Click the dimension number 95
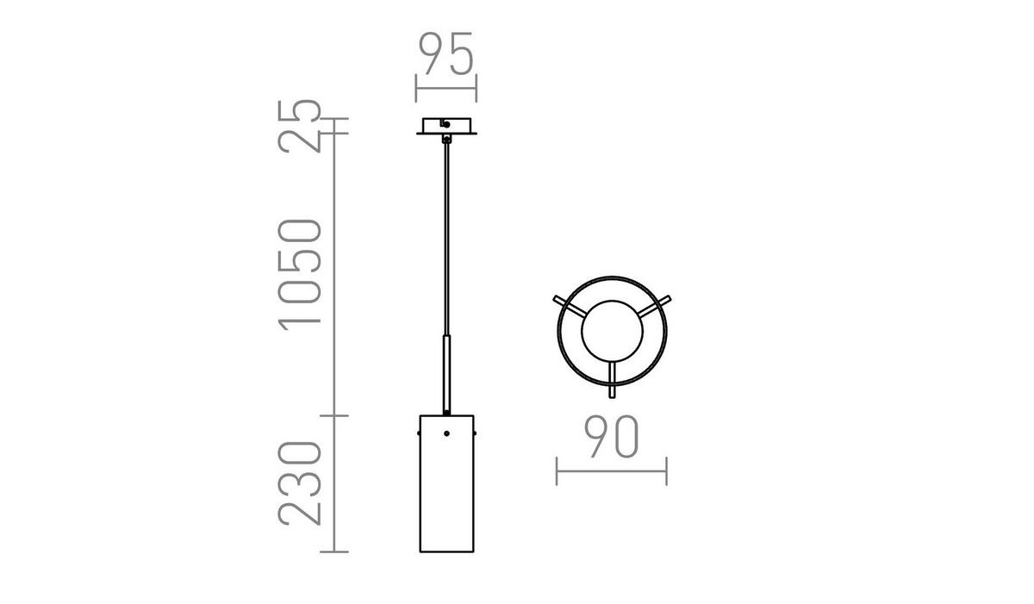(x=446, y=55)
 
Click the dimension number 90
(x=611, y=437)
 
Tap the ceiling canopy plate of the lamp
(x=446, y=127)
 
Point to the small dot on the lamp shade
(x=446, y=433)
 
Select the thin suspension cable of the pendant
(x=446, y=233)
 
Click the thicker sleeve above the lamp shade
(x=446, y=375)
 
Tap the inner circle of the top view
(x=611, y=332)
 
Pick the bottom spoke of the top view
(x=612, y=379)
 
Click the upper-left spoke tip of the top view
(x=557, y=299)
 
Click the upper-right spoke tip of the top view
(x=666, y=299)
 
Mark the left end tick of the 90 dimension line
(x=557, y=471)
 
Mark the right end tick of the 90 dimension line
(x=666, y=471)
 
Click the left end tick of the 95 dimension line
(x=416, y=88)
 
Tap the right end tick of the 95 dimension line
(x=477, y=88)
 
